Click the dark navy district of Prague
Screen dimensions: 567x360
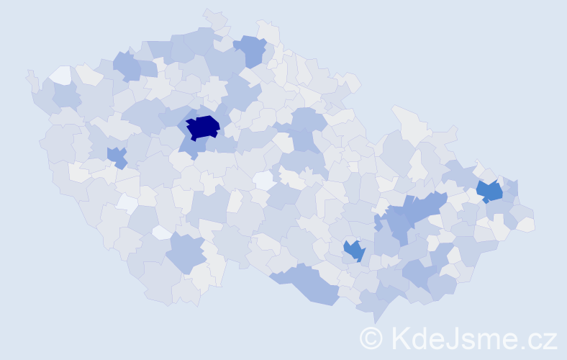coord(202,127)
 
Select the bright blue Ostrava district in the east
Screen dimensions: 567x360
coord(490,192)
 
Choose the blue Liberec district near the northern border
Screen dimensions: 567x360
coord(251,50)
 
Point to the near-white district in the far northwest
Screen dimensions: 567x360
coord(60,74)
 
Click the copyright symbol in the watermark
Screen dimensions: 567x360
coord(371,338)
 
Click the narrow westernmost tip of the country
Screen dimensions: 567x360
coord(30,75)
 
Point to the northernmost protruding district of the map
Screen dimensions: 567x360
coord(212,16)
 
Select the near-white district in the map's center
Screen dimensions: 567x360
coord(263,179)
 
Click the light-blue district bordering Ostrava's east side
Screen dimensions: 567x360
coord(511,189)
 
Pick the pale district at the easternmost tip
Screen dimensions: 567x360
coord(526,225)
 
